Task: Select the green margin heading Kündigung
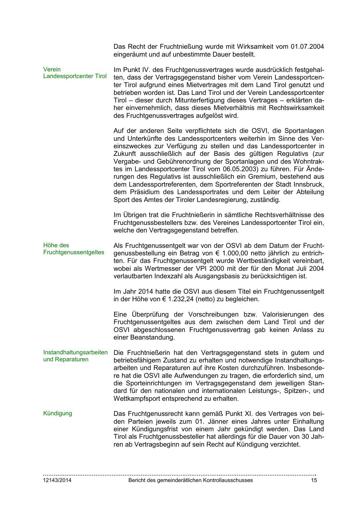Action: [57, 413]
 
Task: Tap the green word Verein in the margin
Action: [52, 69]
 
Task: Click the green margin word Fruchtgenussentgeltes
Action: [74, 252]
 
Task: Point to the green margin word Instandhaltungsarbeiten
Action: [75, 352]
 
